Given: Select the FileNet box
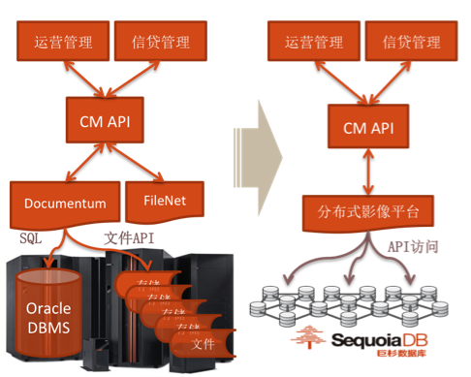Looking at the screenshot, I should pyautogui.click(x=164, y=200).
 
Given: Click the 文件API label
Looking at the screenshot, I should pyautogui.click(x=128, y=236).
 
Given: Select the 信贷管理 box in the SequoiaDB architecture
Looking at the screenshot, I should pyautogui.click(x=411, y=42).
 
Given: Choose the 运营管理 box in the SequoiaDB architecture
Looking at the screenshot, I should pyautogui.click(x=312, y=42).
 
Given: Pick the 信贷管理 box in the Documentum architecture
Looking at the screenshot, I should pyautogui.click(x=159, y=42).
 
